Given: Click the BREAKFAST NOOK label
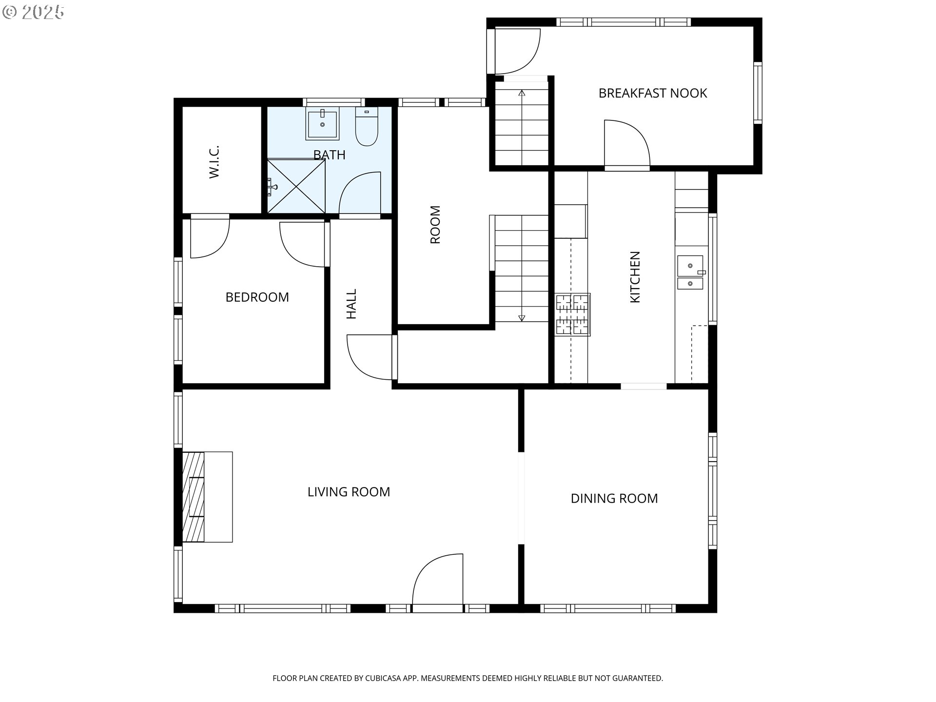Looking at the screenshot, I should coord(652,93).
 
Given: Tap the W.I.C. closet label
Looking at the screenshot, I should coord(214,161).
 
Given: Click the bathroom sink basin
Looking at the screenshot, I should coord(322,124).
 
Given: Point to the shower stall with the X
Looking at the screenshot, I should coord(296,186).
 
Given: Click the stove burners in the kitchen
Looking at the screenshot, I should coord(572,314).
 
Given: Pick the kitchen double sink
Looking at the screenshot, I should coord(690,273).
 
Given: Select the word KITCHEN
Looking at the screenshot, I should coord(635,277).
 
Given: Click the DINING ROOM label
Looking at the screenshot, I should coord(614,498).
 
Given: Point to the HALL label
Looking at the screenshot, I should coord(351,304).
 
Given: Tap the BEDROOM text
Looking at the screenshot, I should coord(257,297).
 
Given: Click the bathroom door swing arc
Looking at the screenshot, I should coord(359,193).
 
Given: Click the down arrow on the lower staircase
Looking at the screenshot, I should coord(522,318).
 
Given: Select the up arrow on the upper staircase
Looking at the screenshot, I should coord(522,93).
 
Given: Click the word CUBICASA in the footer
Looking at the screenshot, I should coord(385,678).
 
